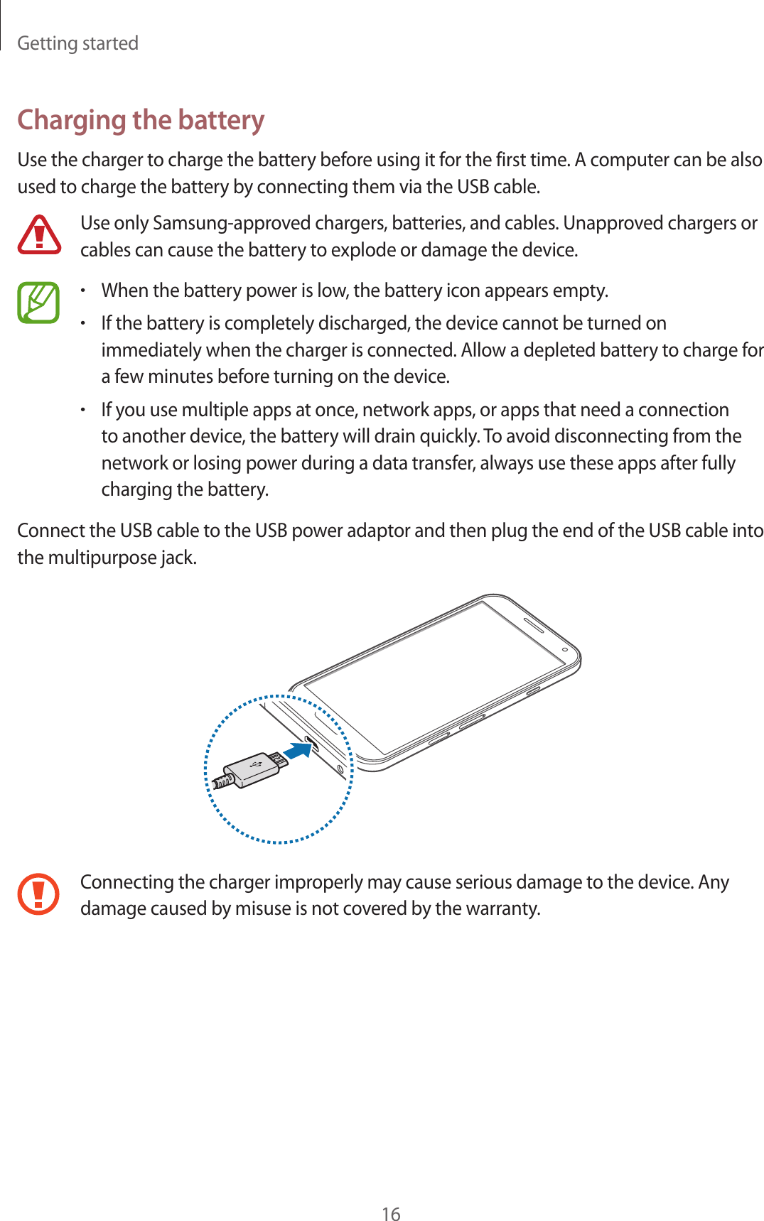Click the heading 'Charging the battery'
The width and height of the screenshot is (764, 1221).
141,119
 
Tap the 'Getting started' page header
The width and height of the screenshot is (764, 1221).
77,43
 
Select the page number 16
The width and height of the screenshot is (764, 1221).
391,1214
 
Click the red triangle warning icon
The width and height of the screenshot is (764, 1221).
39,235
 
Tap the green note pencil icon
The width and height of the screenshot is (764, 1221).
38,303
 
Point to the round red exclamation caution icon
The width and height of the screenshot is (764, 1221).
38,894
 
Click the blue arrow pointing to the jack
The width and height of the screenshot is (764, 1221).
298,750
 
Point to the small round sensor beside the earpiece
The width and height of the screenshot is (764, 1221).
565,649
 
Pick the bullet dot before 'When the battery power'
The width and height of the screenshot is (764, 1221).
83,291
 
